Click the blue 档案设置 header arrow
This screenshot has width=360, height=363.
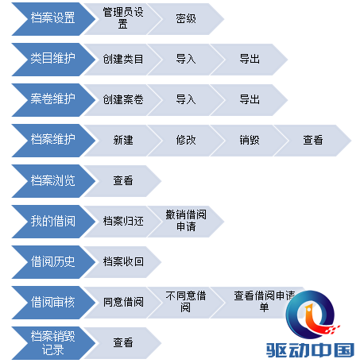click(x=53, y=19)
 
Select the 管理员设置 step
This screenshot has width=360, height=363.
click(x=123, y=19)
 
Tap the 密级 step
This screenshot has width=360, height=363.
click(x=186, y=19)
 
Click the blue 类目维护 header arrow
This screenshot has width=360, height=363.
click(x=53, y=60)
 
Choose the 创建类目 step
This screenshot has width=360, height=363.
click(x=123, y=60)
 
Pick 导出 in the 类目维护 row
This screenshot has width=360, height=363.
click(x=250, y=60)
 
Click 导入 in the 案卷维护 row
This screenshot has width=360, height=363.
click(x=186, y=100)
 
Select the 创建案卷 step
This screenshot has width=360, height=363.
click(x=123, y=100)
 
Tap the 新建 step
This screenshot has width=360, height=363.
click(x=123, y=141)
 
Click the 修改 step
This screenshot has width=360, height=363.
click(x=186, y=141)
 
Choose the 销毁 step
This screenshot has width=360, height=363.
click(x=250, y=141)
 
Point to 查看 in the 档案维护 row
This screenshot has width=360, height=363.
click(x=313, y=141)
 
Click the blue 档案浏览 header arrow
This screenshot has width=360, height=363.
click(x=53, y=181)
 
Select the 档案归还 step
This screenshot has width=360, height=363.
click(x=123, y=222)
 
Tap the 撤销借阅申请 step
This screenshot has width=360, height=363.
click(x=186, y=222)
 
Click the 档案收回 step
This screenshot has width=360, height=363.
click(x=123, y=262)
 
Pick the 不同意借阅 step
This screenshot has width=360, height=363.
click(x=186, y=303)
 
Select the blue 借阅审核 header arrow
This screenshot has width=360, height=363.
click(x=53, y=303)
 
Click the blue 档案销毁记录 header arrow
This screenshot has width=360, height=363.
click(x=53, y=343)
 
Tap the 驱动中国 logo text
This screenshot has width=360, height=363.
click(x=310, y=350)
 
